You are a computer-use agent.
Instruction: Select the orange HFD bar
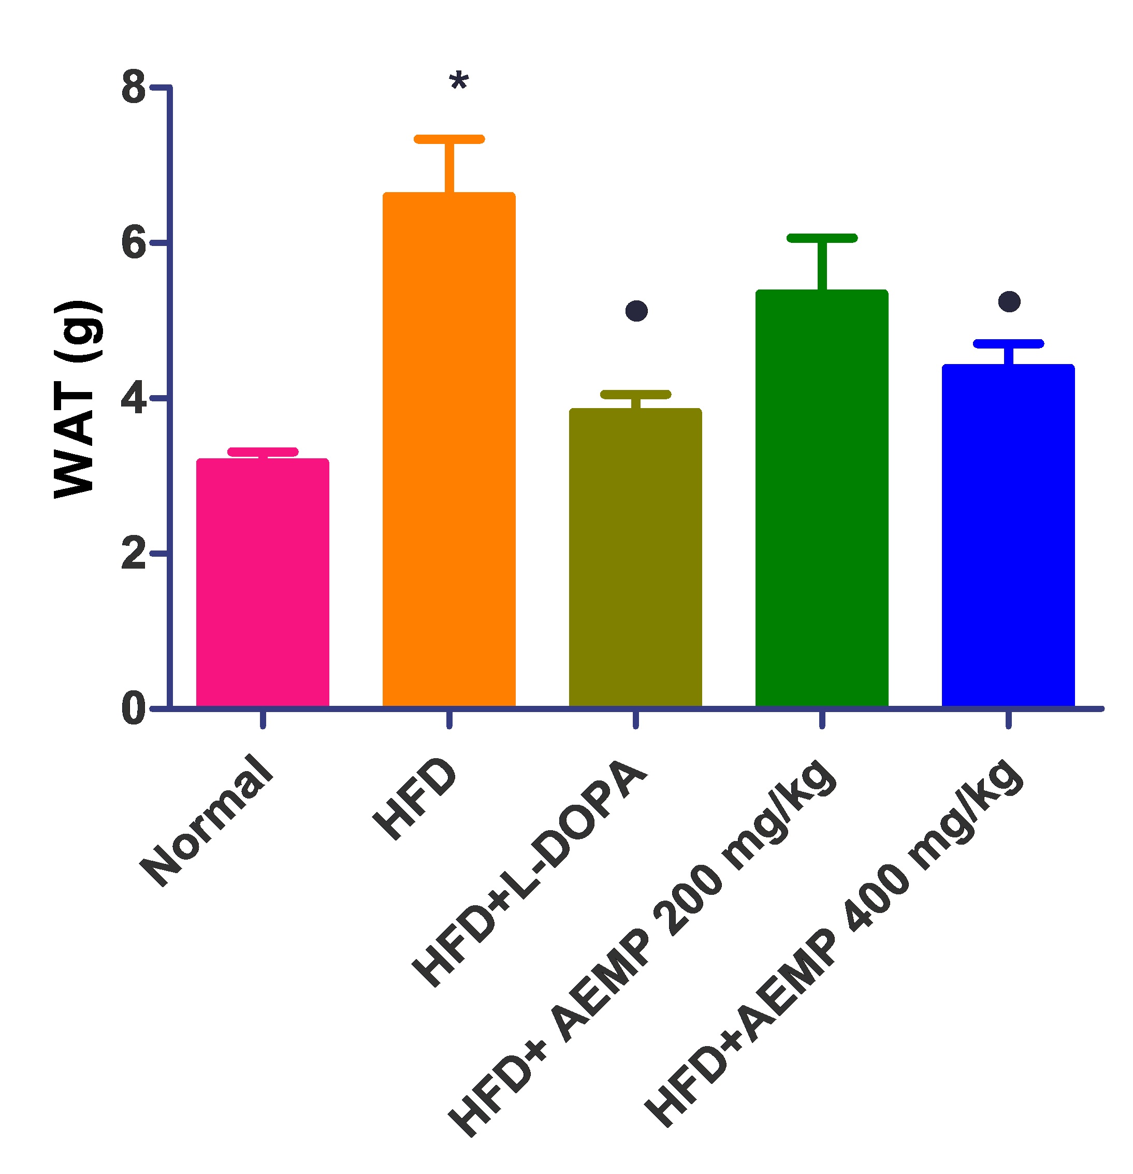tap(448, 449)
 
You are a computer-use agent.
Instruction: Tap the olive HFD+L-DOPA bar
tap(635, 557)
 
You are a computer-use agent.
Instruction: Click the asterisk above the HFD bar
tap(458, 80)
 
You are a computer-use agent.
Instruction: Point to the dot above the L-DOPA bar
tap(636, 311)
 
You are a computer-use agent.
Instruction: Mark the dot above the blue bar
tap(1009, 301)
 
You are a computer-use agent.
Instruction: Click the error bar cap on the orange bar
tap(448, 139)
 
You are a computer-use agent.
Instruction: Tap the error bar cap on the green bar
tap(822, 238)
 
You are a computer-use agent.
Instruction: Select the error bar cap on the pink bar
tap(263, 452)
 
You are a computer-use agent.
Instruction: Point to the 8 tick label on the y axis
tap(133, 88)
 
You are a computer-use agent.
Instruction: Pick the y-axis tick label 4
tap(133, 399)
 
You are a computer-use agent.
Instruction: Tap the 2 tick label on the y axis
tap(133, 555)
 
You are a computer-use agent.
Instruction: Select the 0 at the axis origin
tap(133, 709)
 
